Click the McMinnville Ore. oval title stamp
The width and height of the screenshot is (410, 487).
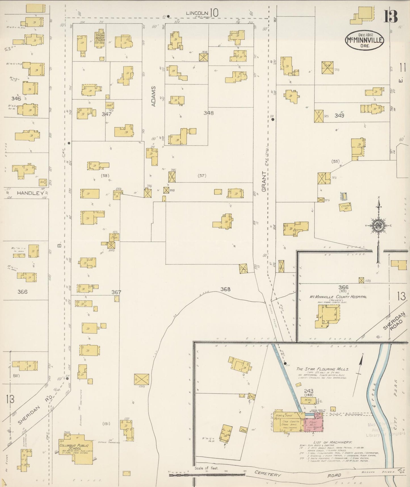(364, 40)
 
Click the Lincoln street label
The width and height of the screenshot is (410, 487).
(197, 13)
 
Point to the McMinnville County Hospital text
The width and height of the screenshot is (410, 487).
(338, 297)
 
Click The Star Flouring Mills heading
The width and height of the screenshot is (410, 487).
(322, 369)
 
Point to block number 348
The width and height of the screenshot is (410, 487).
(209, 113)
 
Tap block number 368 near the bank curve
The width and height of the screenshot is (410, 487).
(225, 289)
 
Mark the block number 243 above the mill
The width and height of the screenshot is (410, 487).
(308, 391)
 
